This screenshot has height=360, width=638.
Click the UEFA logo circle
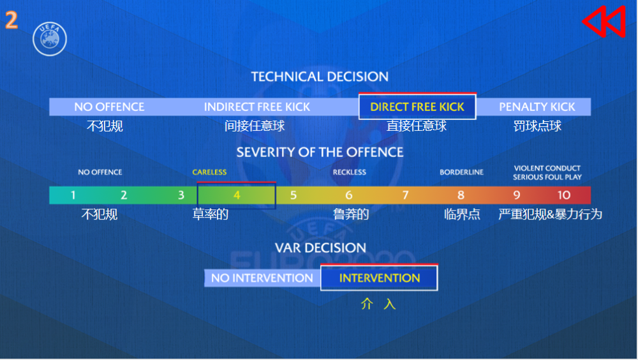(50, 39)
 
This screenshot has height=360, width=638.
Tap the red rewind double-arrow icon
(604, 22)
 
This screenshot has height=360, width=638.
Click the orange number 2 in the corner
(11, 20)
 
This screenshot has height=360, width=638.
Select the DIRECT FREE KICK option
(417, 107)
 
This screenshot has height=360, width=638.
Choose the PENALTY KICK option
(537, 107)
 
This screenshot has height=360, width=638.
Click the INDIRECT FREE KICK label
(256, 107)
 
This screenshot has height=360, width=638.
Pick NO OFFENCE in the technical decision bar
(109, 107)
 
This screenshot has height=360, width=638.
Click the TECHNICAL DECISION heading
(320, 77)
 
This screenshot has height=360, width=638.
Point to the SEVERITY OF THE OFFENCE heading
(320, 153)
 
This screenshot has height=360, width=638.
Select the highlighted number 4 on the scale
(237, 195)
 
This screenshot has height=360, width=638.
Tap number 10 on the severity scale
(563, 195)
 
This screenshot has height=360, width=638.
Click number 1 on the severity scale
(73, 195)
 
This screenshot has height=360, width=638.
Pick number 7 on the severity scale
(405, 195)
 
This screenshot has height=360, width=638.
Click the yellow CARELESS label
(209, 172)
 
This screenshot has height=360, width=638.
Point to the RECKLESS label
(350, 172)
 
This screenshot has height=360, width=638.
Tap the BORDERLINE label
(461, 172)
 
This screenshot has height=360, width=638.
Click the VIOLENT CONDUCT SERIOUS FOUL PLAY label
(547, 173)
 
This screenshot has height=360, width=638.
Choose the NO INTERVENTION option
(262, 278)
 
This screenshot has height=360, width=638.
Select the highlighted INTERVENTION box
(379, 278)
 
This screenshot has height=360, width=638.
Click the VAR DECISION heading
(320, 248)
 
